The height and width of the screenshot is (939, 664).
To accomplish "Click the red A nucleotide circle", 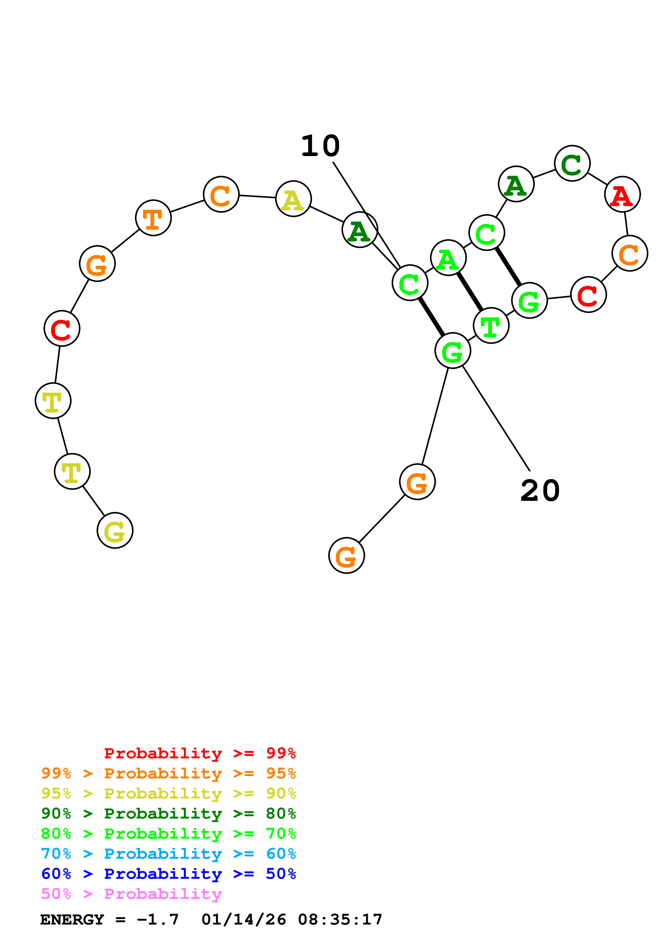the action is click(622, 194).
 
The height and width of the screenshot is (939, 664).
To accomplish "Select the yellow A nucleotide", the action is click(293, 199).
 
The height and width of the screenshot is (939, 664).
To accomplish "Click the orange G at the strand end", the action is click(347, 555).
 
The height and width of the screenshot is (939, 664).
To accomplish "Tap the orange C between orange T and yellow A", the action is click(221, 194).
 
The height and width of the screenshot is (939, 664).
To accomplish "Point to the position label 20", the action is click(540, 491).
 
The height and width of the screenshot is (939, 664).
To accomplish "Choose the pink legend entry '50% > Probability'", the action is click(131, 894).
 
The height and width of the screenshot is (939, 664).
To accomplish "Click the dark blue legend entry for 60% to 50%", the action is click(168, 874).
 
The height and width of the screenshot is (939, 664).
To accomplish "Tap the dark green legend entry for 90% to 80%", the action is click(168, 813).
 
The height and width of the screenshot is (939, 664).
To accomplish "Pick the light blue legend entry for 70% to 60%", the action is click(168, 854).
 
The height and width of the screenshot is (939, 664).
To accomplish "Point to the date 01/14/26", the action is click(244, 919).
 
